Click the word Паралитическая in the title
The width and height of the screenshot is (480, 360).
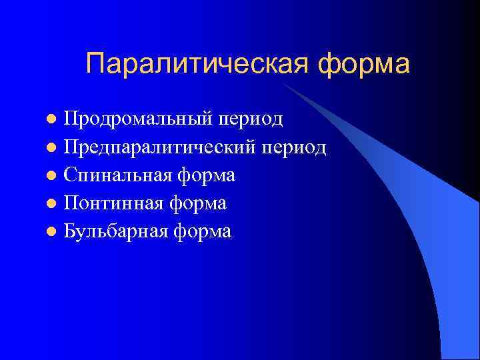(198, 65)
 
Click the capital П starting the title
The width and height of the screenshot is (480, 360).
(96, 65)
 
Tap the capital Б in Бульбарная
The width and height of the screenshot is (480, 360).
(71, 231)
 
